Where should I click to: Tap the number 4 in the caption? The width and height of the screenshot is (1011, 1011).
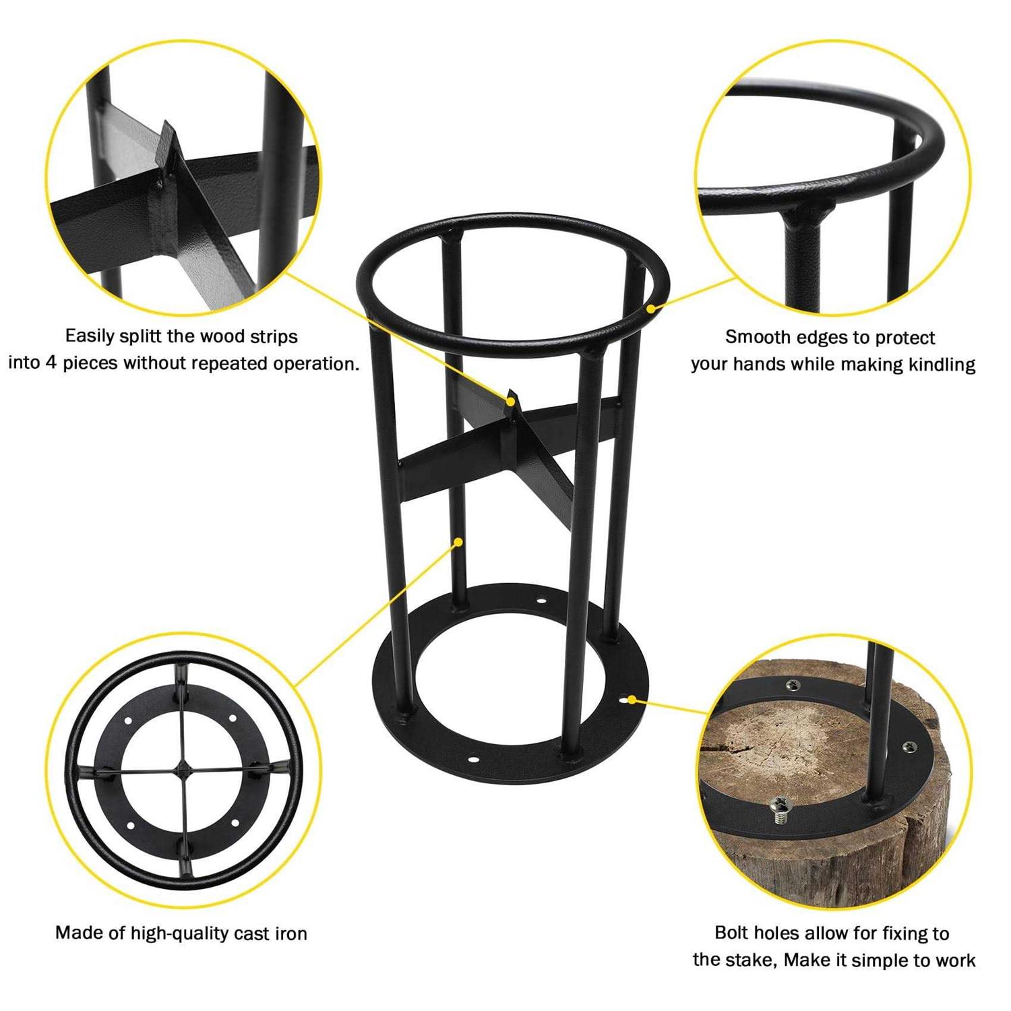click(x=51, y=363)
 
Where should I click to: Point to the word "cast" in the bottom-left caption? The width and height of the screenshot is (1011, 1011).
click(x=252, y=933)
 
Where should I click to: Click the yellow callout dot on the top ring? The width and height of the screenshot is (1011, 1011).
click(x=651, y=309)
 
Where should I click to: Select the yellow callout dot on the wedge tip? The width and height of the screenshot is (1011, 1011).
click(x=512, y=402)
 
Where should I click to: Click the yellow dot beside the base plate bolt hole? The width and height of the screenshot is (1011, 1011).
click(x=632, y=700)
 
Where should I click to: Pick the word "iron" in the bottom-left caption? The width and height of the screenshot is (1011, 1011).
click(x=291, y=933)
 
